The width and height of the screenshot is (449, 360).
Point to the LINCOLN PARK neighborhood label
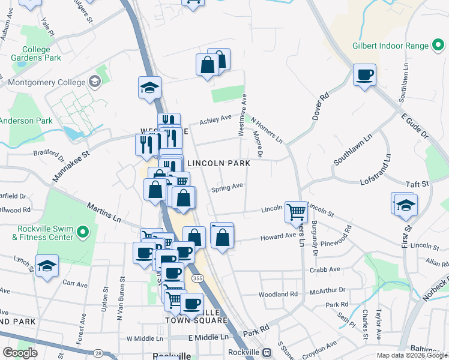[218, 163]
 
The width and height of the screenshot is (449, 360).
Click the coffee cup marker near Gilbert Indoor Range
[364, 75]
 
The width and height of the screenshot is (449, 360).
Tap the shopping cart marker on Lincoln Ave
[295, 212]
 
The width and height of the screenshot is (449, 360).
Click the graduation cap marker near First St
[406, 205]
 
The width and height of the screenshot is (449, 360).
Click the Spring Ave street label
[227, 188]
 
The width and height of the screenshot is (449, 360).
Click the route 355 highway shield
[196, 278]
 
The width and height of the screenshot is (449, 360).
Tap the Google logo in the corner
[20, 353]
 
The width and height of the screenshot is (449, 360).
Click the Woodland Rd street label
[278, 295]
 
